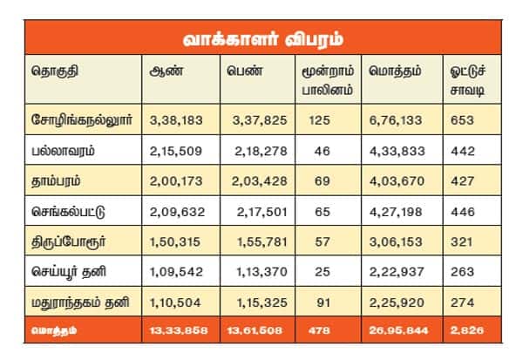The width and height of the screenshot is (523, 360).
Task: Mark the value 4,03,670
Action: coord(396,180)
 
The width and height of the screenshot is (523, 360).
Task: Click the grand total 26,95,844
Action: coord(397,329)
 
